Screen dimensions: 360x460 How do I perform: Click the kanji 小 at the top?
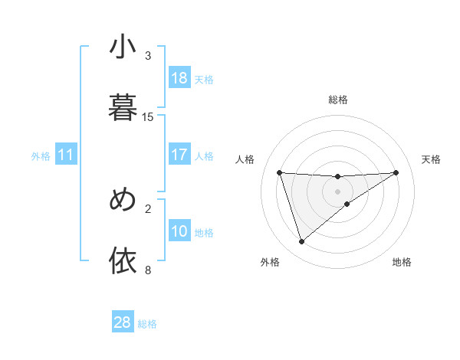[123, 47]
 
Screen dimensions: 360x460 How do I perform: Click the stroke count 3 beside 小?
[148, 56]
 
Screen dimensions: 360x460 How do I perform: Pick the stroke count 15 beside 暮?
[148, 116]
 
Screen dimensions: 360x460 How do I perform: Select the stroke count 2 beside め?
[148, 208]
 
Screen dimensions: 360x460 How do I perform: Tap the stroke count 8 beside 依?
[148, 270]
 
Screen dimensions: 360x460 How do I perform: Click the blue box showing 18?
[179, 78]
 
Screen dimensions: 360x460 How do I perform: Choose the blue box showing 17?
[179, 155]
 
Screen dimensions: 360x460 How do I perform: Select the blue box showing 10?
[179, 231]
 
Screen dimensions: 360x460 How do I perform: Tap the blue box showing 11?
[66, 155]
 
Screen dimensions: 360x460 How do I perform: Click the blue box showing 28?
[123, 322]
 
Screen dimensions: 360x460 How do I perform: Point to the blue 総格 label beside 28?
[147, 324]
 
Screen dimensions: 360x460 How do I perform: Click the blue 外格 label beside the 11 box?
[41, 156]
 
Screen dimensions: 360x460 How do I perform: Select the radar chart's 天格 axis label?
[432, 159]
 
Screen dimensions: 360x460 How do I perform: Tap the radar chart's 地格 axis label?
[402, 263]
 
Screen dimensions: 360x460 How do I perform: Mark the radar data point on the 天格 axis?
[396, 172]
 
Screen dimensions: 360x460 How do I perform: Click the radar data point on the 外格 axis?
[301, 242]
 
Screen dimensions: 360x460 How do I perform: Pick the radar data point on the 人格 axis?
[279, 172]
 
